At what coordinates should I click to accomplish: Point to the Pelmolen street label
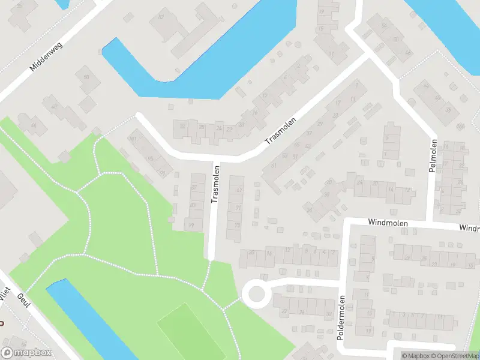pyautogui.click(x=434, y=155)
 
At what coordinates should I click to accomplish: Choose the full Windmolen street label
pyautogui.click(x=388, y=223)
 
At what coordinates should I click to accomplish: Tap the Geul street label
pyautogui.click(x=23, y=300)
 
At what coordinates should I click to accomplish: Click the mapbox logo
pyautogui.click(x=26, y=353)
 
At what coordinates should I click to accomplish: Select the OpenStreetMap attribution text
pyautogui.click(x=454, y=356)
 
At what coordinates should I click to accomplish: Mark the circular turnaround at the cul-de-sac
pyautogui.click(x=256, y=294)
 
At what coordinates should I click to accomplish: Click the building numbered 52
pyautogui.click(x=161, y=17)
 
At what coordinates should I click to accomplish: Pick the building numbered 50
pyautogui.click(x=86, y=77)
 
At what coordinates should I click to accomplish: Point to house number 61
pyautogui.click(x=274, y=166)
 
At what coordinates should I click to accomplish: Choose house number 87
pyautogui.click(x=193, y=188)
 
